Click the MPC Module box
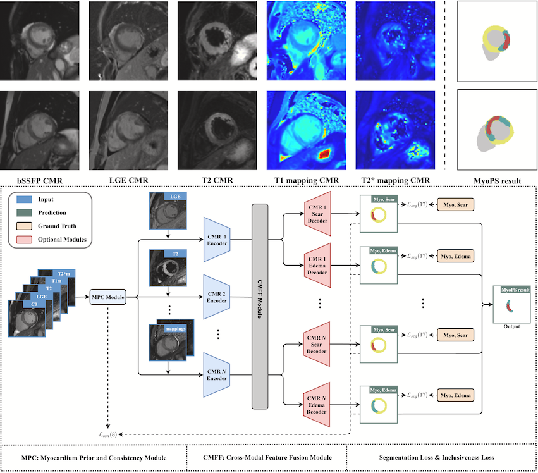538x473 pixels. (x=107, y=295)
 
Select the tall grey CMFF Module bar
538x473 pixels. (x=260, y=306)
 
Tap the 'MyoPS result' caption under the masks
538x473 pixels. (x=497, y=181)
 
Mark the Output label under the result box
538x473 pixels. (x=511, y=326)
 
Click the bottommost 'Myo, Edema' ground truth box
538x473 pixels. (x=455, y=396)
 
